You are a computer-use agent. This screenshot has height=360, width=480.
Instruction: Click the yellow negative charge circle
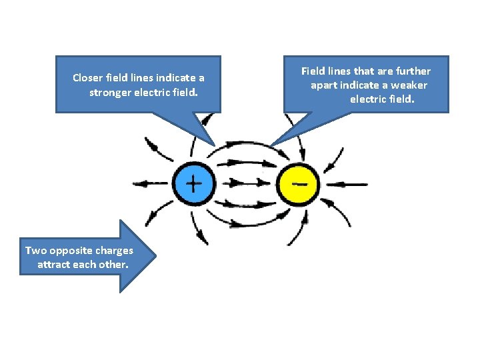298,183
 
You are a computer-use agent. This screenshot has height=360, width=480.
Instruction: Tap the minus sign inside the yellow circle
301,182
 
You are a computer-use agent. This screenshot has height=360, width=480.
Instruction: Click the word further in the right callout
413,71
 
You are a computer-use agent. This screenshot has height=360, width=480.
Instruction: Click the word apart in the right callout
324,85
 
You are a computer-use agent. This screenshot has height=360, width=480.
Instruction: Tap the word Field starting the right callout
313,71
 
